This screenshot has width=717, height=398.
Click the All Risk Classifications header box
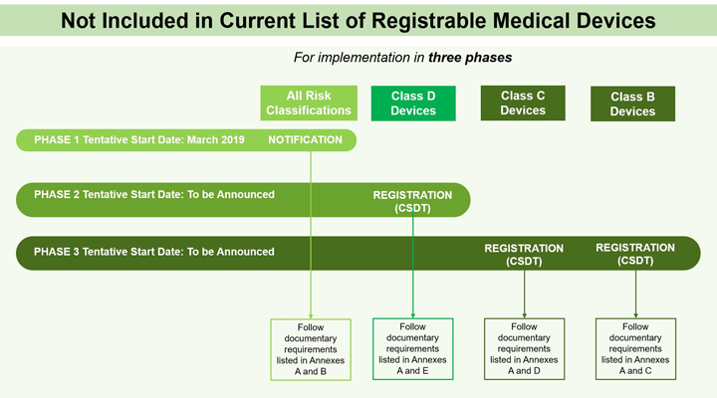[310, 102]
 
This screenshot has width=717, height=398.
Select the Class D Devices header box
[412, 102]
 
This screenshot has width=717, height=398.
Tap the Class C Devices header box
[523, 102]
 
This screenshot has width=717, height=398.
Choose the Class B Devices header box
[632, 103]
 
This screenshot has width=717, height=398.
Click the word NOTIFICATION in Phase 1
[305, 140]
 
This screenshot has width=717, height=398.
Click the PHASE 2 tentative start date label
[154, 195]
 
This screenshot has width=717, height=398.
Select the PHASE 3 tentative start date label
[154, 252]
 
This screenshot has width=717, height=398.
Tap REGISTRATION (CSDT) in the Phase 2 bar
[412, 202]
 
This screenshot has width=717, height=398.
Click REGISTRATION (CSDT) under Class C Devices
[524, 255]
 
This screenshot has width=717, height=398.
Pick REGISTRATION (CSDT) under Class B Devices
[635, 255]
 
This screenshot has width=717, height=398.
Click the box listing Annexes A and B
[311, 349]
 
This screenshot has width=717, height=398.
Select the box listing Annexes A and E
[412, 349]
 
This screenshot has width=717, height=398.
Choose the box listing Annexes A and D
[524, 349]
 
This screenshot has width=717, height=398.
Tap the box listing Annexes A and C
[635, 349]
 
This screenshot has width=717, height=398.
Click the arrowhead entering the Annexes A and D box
[524, 313]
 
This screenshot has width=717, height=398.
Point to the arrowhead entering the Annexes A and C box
[635, 313]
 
